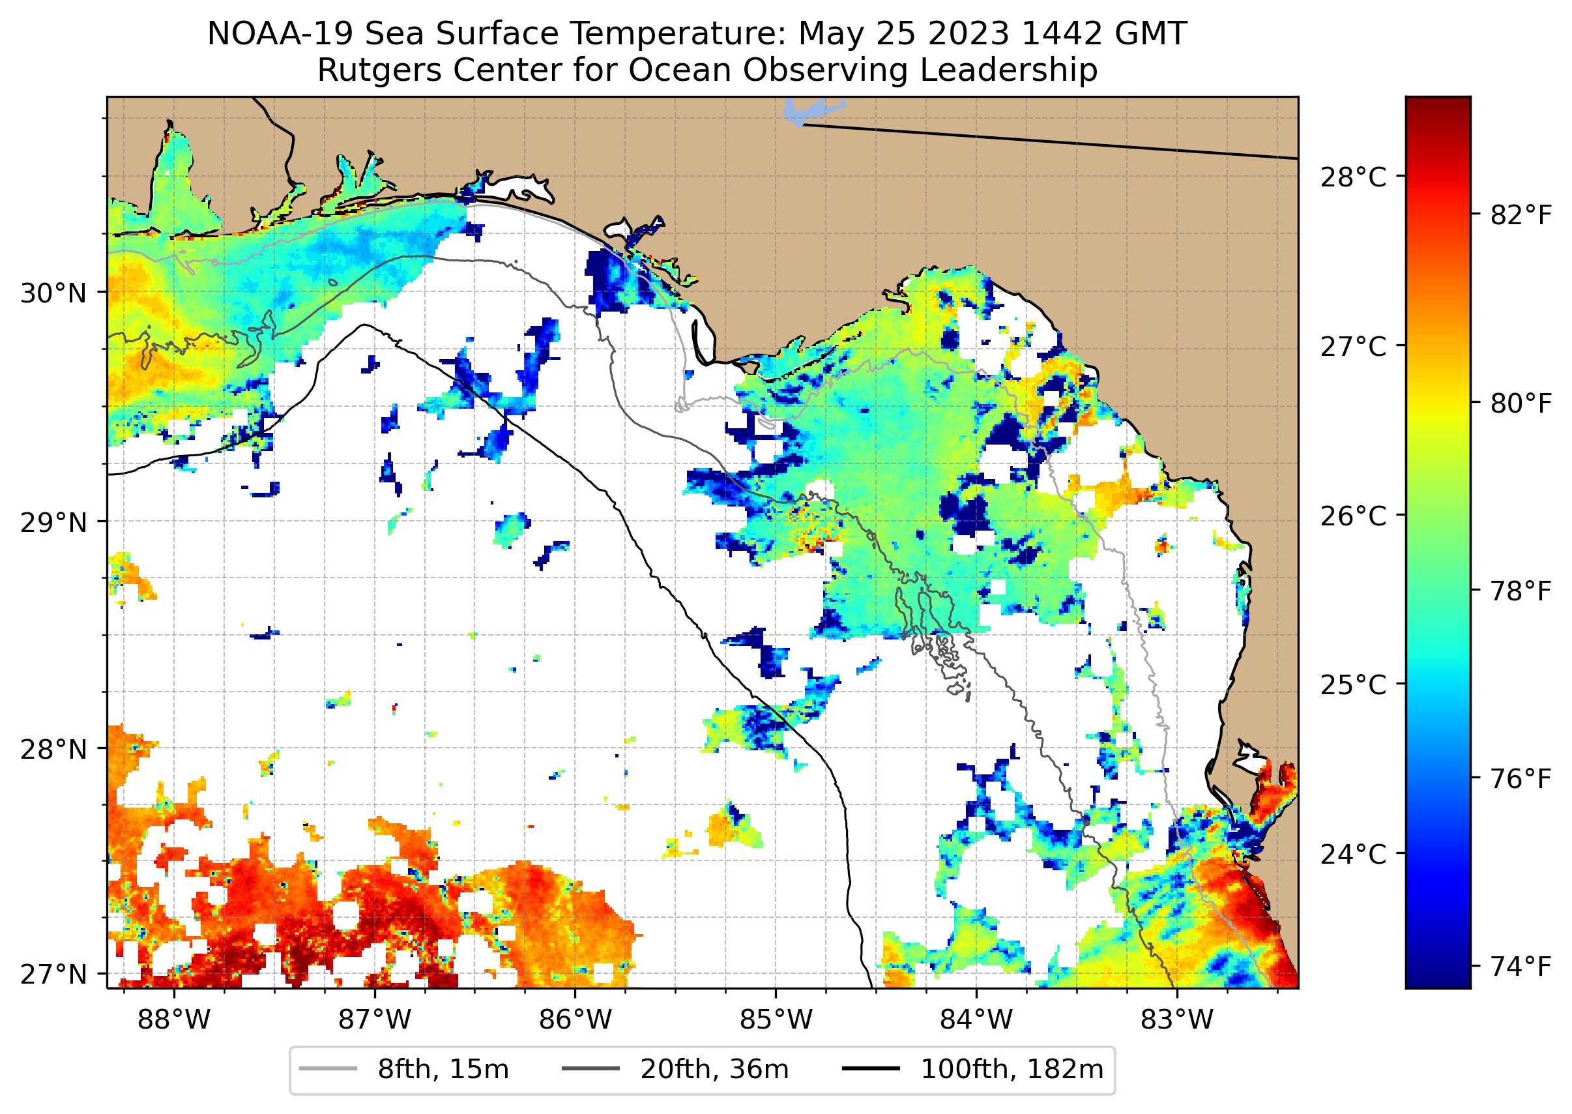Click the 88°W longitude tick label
point(173,1020)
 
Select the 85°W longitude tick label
point(776,1020)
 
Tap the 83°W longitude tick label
point(1177,1020)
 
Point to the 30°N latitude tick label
point(53,293)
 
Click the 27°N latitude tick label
point(53,974)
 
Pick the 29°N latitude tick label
point(53,523)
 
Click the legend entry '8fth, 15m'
point(443,1070)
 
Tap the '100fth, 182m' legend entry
point(1012,1070)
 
